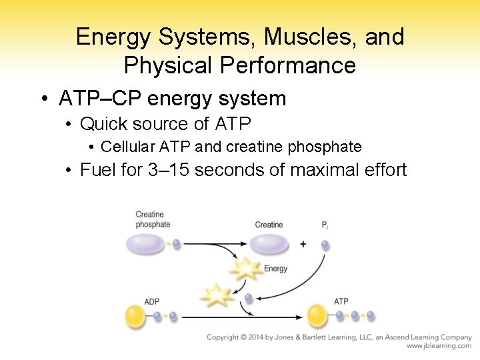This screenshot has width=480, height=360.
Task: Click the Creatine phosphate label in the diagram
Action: click(x=153, y=219)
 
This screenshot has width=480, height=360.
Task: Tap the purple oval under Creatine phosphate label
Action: click(x=145, y=243)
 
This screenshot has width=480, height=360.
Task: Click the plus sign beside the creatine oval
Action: click(x=303, y=245)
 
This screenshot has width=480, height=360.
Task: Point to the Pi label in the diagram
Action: click(x=325, y=225)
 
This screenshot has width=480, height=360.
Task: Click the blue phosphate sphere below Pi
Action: click(x=325, y=245)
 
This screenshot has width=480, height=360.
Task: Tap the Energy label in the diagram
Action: click(x=275, y=269)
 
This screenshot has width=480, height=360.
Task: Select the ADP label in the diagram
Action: click(x=152, y=302)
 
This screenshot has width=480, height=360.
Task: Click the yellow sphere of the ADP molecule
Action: click(x=136, y=315)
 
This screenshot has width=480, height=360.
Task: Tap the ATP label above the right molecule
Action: click(x=341, y=302)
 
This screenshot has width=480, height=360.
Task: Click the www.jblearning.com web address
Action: click(x=439, y=346)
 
